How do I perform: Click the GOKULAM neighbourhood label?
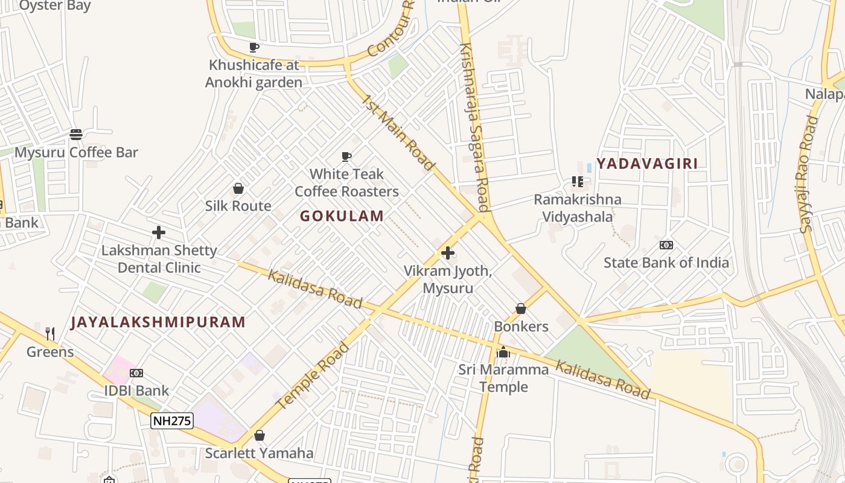pyautogui.click(x=342, y=216)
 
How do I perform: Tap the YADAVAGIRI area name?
pyautogui.click(x=647, y=164)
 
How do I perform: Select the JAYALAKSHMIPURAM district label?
pyautogui.click(x=158, y=322)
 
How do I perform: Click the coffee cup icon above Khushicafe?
pyautogui.click(x=254, y=47)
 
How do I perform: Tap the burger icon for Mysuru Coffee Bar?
pyautogui.click(x=76, y=134)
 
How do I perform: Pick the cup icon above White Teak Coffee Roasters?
pyautogui.click(x=346, y=157)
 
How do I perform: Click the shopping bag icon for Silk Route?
pyautogui.click(x=238, y=188)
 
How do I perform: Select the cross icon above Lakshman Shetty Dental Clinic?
pyautogui.click(x=159, y=232)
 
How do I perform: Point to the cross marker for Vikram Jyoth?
pyautogui.click(x=447, y=253)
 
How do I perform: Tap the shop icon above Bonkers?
pyautogui.click(x=521, y=309)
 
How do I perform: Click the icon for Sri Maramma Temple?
pyautogui.click(x=503, y=352)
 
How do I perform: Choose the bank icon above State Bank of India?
pyautogui.click(x=666, y=245)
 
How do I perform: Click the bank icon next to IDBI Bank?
pyautogui.click(x=136, y=373)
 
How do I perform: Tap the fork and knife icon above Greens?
pyautogui.click(x=50, y=334)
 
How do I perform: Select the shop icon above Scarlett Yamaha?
pyautogui.click(x=260, y=435)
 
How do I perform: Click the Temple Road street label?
pyautogui.click(x=315, y=374)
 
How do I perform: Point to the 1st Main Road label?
pyautogui.click(x=398, y=133)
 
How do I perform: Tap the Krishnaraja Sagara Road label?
pyautogui.click(x=474, y=127)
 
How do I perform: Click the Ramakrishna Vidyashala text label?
pyautogui.click(x=577, y=208)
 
